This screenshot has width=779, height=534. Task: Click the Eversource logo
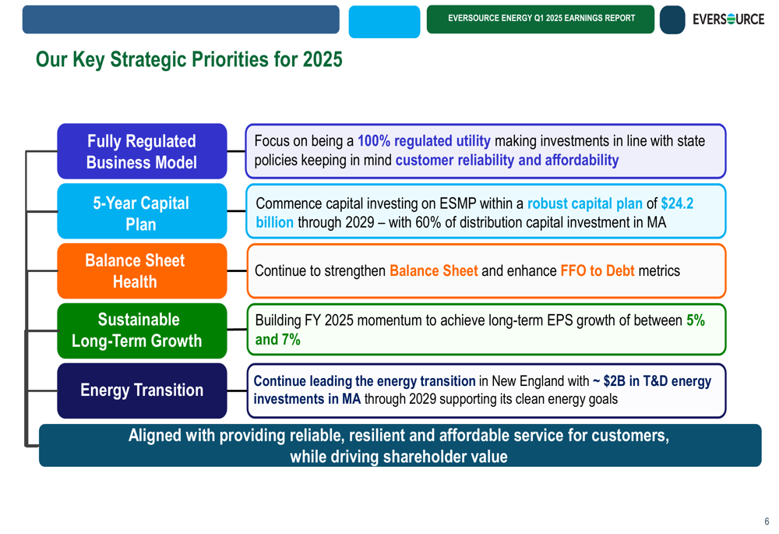[x=728, y=19]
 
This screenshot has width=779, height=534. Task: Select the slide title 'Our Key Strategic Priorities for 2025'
[x=189, y=60]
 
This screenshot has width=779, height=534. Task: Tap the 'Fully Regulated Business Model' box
[x=142, y=151]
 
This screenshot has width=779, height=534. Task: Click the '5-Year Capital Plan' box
[x=142, y=210]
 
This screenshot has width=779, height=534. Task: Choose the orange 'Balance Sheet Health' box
[x=142, y=271]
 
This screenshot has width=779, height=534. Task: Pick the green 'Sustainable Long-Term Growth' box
[x=142, y=331]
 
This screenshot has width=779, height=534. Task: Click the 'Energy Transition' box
[x=142, y=391]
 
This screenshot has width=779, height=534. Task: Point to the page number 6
[x=767, y=522]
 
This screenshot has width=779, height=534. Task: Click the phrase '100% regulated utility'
[x=424, y=141]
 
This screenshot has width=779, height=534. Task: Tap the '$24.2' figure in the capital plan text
[x=677, y=203]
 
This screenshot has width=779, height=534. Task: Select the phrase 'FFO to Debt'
[x=597, y=271]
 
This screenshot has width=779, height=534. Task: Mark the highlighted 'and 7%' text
[x=278, y=340]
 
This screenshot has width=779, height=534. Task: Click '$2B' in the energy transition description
[x=614, y=381]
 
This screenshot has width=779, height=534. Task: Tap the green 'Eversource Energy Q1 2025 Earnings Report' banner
[x=541, y=19]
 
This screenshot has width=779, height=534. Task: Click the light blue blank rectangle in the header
[x=384, y=22]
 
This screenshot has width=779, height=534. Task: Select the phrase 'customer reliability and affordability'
[x=507, y=161]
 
